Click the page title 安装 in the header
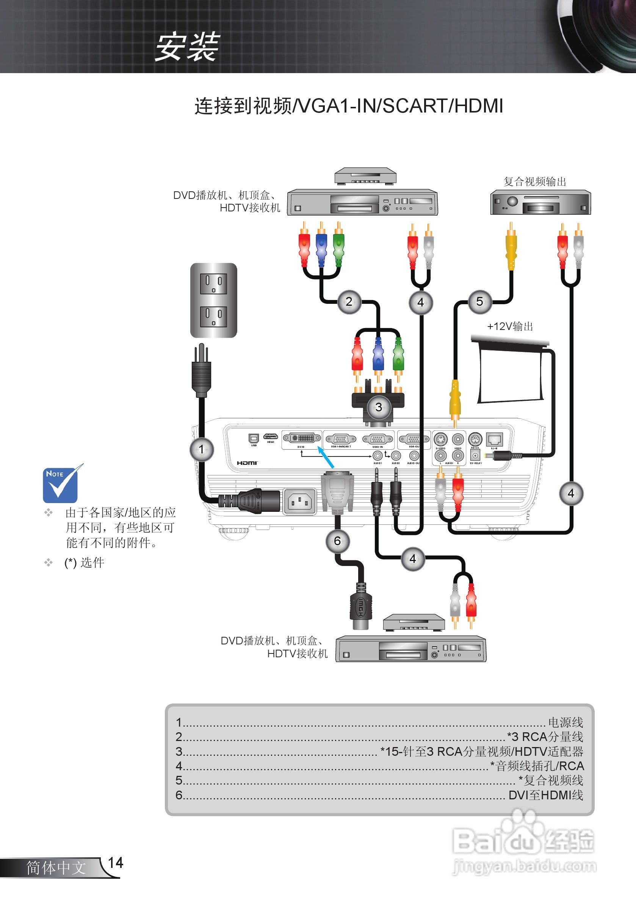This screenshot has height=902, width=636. pyautogui.click(x=187, y=47)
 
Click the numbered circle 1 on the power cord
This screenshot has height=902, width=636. pyautogui.click(x=202, y=449)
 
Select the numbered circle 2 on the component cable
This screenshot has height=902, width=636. pyautogui.click(x=349, y=302)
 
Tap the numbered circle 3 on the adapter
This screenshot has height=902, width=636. pyautogui.click(x=379, y=407)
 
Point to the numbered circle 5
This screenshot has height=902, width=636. pyautogui.click(x=479, y=302)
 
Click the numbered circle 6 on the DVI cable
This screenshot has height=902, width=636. pyautogui.click(x=337, y=541)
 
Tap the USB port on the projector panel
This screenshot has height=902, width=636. pyautogui.click(x=254, y=438)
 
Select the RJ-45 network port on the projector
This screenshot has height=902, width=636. pyautogui.click(x=494, y=439)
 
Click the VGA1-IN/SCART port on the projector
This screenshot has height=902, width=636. pyautogui.click(x=341, y=439)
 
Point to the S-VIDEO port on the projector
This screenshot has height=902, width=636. pyautogui.click(x=440, y=439)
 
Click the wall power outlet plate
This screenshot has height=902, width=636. pyautogui.click(x=213, y=300)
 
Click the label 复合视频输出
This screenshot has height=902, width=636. pyautogui.click(x=534, y=181)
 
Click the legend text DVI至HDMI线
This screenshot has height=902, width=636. pyautogui.click(x=545, y=795)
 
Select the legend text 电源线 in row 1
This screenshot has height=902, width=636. pyautogui.click(x=565, y=722)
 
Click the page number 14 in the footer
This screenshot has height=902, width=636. pyautogui.click(x=115, y=863)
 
